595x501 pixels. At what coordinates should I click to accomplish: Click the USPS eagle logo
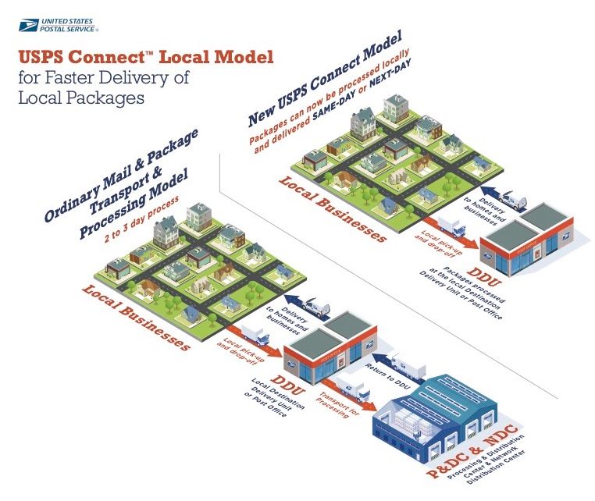coord(28,25)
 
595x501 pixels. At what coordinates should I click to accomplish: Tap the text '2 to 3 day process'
coord(141,219)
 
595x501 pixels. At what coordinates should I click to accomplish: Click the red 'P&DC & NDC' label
coord(472,451)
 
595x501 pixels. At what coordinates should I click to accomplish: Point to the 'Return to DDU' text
coord(388,376)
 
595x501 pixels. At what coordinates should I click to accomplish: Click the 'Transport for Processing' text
coord(337,405)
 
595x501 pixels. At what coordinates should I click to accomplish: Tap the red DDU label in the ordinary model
coord(288,385)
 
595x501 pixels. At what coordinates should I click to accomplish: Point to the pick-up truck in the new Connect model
coord(451,226)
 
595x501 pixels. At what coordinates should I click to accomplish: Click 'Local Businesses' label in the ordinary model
coord(136,318)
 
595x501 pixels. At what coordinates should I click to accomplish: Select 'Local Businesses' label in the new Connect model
coord(333,209)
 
